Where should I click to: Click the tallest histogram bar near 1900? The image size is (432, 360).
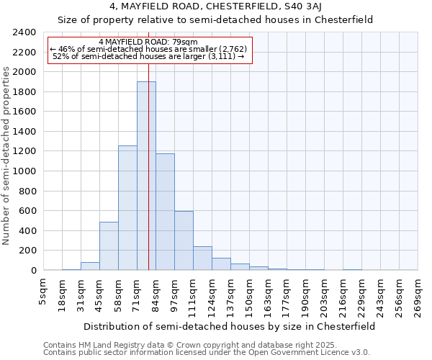click(146, 176)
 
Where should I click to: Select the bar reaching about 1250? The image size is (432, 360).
click(127, 209)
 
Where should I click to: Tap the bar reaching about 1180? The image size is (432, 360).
click(165, 212)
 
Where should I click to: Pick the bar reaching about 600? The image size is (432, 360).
click(184, 241)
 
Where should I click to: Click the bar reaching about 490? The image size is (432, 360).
click(109, 246)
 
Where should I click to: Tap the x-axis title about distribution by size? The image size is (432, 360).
click(229, 326)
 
